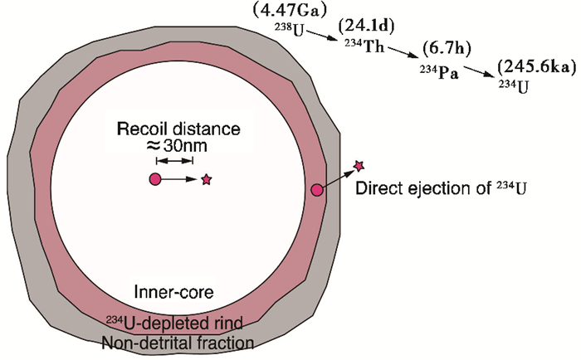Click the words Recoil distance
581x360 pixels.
[x=178, y=130]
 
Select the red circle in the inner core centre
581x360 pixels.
[x=155, y=179]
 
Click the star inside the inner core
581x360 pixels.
[x=206, y=179]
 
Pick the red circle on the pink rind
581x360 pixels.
[x=316, y=191]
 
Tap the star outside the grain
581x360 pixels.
[x=359, y=167]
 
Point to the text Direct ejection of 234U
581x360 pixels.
[x=441, y=190]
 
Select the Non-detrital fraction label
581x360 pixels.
[x=178, y=340]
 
